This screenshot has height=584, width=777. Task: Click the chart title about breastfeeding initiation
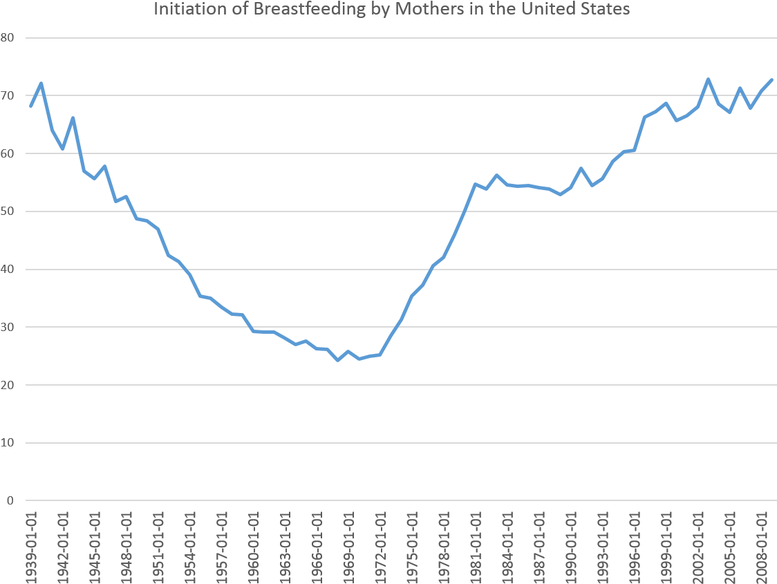391,10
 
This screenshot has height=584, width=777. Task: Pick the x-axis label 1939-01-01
31,546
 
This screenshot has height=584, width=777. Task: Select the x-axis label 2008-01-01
762,546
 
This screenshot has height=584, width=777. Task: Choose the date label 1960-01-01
254,546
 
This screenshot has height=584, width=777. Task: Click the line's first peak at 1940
41,83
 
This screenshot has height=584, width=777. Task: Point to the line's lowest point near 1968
337,360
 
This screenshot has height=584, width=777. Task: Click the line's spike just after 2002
709,79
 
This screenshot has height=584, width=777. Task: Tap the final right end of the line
772,79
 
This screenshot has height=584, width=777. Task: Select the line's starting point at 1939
30,106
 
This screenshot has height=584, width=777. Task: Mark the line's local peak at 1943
73,117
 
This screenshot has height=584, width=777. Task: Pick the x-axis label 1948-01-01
127,546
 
